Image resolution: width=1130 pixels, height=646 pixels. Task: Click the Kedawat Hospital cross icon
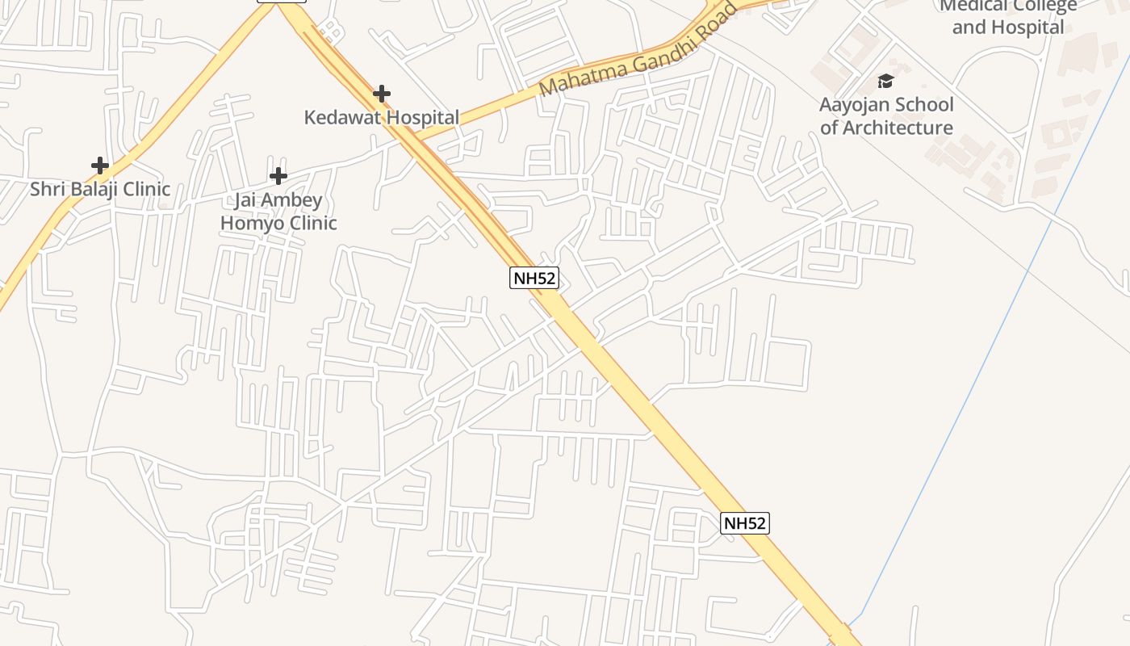(x=382, y=94)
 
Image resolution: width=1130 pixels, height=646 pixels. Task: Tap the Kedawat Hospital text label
(x=382, y=118)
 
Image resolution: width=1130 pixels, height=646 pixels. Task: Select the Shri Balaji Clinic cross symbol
(x=100, y=166)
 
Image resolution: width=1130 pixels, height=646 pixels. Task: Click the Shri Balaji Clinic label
(x=100, y=190)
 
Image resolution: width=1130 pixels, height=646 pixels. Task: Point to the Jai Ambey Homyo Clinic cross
(x=278, y=176)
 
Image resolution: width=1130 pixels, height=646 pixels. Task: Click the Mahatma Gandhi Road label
(x=638, y=50)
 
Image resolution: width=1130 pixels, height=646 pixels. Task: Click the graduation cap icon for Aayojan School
(x=885, y=81)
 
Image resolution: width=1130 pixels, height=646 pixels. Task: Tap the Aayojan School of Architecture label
(x=886, y=116)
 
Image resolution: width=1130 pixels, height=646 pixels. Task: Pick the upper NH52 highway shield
(x=534, y=279)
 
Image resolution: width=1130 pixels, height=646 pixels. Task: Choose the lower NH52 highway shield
(x=744, y=523)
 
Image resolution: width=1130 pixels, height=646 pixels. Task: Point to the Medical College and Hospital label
(x=1008, y=16)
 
